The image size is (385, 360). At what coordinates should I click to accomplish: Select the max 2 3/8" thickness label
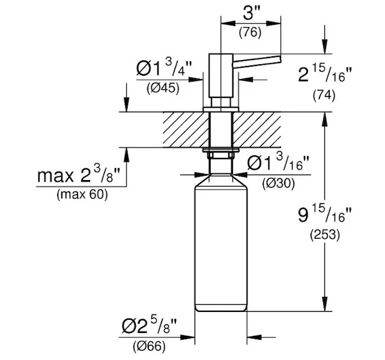click(x=80, y=176)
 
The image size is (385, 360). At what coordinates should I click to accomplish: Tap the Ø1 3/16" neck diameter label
click(x=278, y=163)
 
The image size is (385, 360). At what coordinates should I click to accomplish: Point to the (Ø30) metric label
click(x=278, y=184)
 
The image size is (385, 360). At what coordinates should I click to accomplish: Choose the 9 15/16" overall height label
click(x=325, y=215)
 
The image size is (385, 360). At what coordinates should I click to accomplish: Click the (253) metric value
click(x=324, y=235)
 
